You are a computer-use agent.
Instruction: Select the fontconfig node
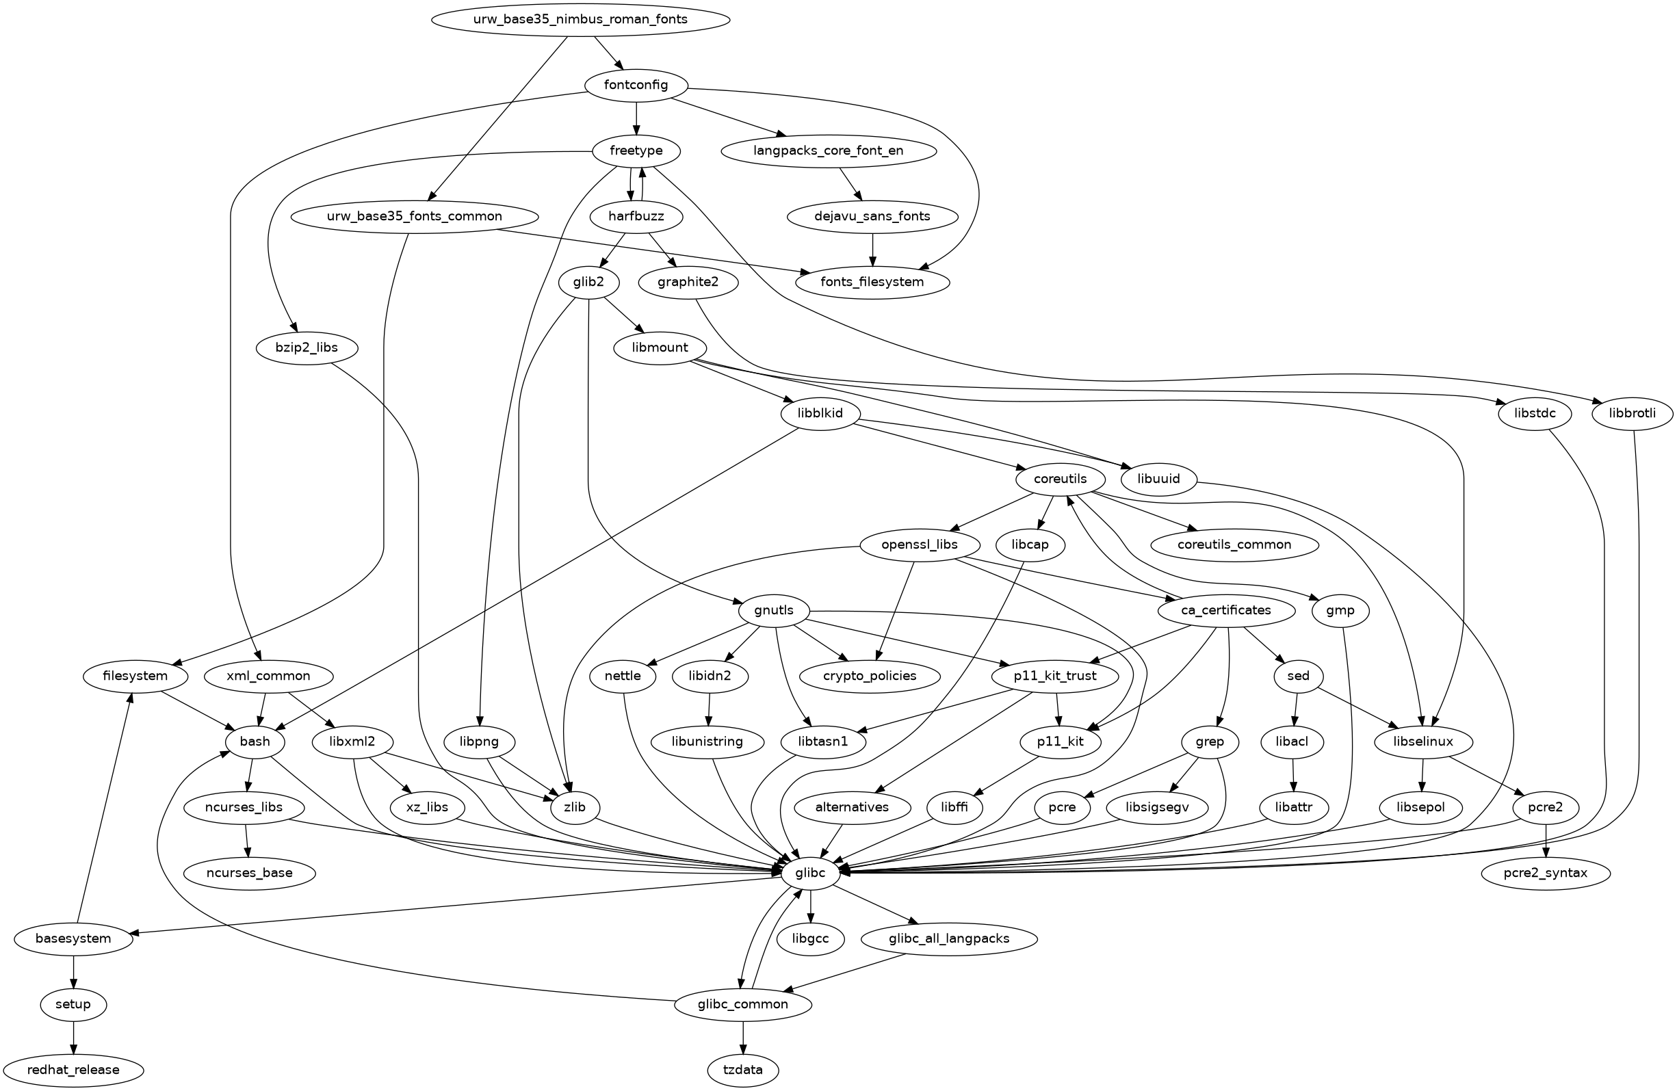point(636,86)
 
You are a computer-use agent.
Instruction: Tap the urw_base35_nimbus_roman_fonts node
point(580,19)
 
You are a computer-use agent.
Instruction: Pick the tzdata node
point(742,1070)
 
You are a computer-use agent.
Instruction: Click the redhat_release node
point(73,1070)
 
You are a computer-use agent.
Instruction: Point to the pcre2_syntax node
point(1546,873)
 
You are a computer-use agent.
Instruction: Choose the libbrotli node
point(1633,413)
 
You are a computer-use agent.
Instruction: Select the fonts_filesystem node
point(872,282)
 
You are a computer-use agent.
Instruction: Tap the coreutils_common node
point(1234,544)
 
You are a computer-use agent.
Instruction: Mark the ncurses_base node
point(249,873)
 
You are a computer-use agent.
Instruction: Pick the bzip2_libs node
point(307,348)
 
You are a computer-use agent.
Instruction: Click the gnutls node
point(774,610)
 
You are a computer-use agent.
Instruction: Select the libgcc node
point(810,939)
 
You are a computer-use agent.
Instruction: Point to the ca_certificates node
point(1225,610)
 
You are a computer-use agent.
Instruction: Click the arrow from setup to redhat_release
point(73,1037)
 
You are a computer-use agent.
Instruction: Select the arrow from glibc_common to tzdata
point(742,1037)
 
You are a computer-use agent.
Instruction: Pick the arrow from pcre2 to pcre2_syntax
point(1546,840)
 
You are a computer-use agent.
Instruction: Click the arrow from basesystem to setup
point(73,971)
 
